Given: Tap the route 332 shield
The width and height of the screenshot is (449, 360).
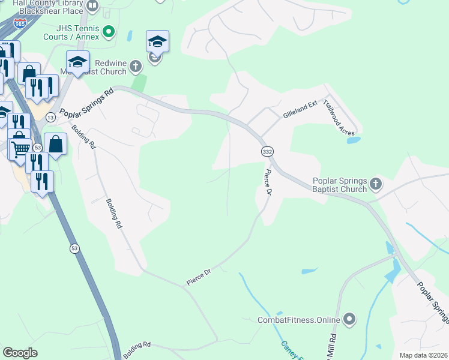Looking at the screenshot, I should click(267, 152).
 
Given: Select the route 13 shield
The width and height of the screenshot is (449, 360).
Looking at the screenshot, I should click(51, 117).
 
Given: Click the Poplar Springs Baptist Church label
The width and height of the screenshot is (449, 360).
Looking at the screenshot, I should click(339, 185).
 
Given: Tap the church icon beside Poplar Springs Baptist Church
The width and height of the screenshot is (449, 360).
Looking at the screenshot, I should click(376, 184).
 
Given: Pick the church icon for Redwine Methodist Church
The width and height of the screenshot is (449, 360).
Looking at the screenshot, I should click(136, 66).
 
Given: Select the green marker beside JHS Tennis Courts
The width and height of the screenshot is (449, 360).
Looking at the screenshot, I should click(109, 31).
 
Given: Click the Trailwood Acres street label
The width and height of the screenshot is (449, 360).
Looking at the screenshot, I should click(339, 117).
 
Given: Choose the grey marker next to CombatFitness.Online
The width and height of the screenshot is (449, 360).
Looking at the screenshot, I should click(349, 319).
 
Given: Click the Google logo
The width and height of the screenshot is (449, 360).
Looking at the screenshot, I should click(20, 353).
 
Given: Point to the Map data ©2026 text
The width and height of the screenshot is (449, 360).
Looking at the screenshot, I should click(423, 355).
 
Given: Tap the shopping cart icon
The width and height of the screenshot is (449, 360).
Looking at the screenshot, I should click(20, 147).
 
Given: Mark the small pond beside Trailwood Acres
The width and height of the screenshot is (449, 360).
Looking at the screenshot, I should click(354, 140).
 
